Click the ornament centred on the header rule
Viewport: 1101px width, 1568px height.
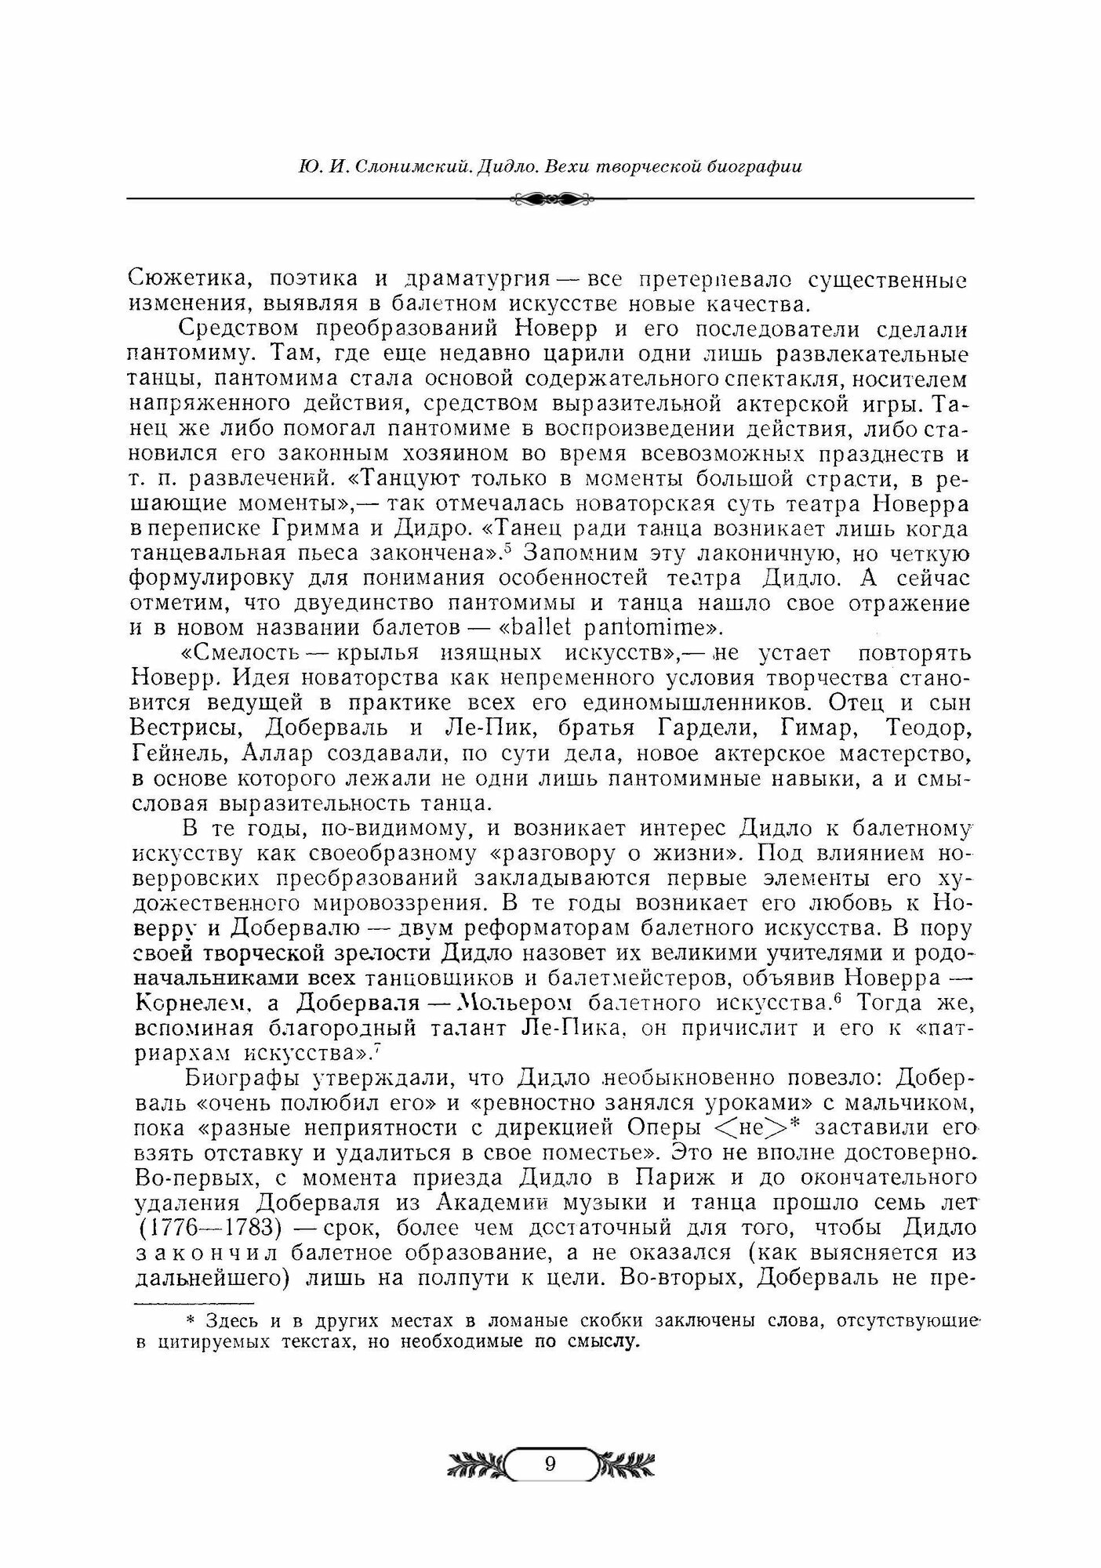pyautogui.click(x=550, y=199)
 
